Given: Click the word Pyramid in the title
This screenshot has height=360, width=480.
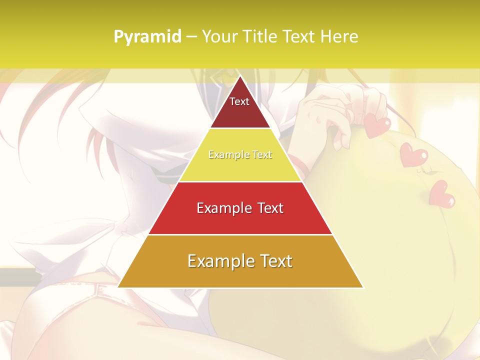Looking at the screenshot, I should coord(147,37).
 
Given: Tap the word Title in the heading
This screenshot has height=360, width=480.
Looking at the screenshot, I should coord(259,37).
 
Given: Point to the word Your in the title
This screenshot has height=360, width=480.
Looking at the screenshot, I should coord(219,37).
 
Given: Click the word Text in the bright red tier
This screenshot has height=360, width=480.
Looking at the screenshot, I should coord(270,208).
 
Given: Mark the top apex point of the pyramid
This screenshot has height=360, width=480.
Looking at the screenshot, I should coord(240,76).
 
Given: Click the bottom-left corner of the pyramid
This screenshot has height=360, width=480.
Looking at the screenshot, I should coord(118,287).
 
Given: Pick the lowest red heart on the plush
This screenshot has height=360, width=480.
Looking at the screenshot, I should coord(442,192).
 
